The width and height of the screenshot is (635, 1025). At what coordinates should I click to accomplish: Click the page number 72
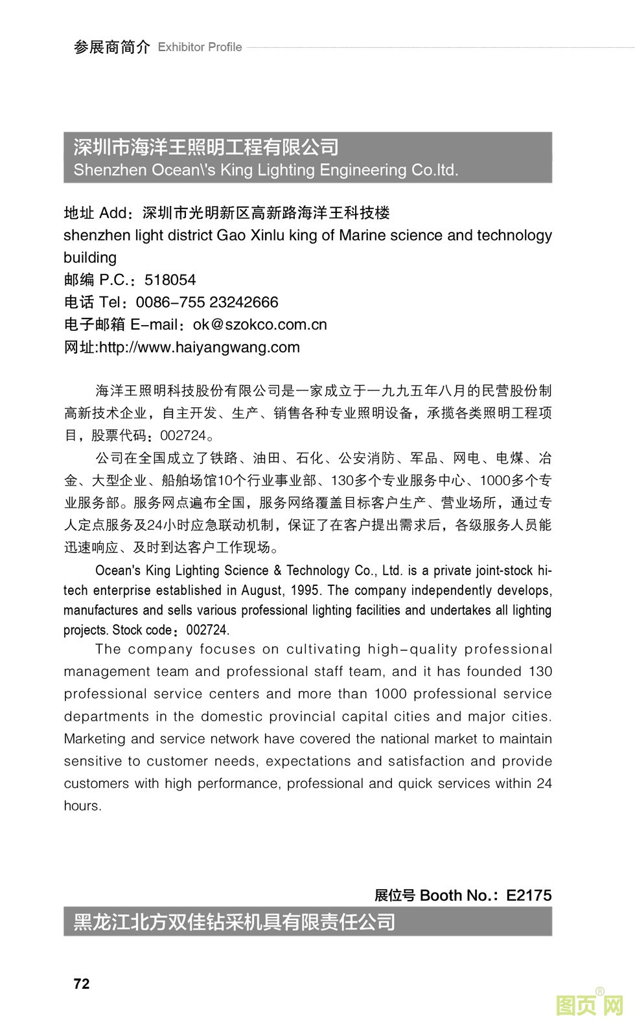[82, 984]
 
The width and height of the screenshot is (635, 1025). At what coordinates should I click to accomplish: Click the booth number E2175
[529, 895]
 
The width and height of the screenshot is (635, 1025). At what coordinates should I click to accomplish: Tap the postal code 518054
[170, 280]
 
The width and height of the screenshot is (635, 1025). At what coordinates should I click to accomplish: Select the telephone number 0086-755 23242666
[207, 302]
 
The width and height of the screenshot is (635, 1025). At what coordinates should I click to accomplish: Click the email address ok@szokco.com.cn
[260, 324]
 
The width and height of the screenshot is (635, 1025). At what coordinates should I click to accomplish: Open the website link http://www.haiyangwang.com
[199, 347]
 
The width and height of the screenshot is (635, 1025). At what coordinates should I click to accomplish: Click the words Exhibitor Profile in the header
[200, 47]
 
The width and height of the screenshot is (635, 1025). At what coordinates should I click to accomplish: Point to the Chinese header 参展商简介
[111, 47]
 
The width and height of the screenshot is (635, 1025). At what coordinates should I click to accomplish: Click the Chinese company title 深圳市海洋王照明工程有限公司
[206, 148]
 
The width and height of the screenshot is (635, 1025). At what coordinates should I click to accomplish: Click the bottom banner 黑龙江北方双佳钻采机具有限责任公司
[234, 921]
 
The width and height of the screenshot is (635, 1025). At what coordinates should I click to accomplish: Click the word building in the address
[90, 258]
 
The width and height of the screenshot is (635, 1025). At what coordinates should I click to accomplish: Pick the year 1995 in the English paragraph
[305, 591]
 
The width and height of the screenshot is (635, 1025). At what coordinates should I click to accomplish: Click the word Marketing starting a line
[95, 739]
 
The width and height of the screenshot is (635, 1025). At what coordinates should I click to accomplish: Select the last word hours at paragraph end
[82, 806]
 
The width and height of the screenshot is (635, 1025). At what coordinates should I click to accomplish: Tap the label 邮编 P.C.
[96, 280]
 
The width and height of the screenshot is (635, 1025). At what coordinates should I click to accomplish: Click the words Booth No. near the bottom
[454, 895]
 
